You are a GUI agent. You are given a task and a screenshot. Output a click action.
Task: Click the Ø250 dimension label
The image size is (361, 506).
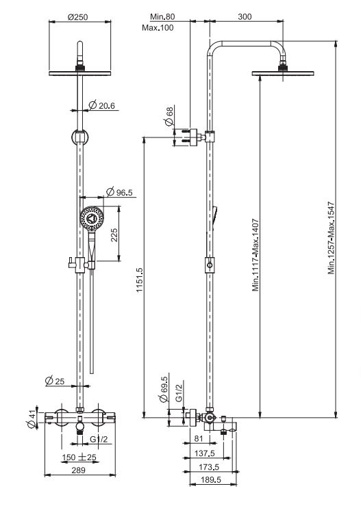coord(78,17)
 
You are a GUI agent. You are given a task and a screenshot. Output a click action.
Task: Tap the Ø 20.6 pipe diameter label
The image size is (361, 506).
coord(101,105)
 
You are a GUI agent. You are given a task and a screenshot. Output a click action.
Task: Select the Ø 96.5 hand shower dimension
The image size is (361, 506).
coord(119,192)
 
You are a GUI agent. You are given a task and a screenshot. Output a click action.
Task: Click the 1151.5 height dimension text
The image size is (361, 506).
coord(139,280)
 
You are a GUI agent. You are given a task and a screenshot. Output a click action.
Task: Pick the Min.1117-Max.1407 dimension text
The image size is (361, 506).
coord(256,255)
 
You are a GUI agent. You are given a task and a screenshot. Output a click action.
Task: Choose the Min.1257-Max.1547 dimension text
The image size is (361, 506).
coord(332,238)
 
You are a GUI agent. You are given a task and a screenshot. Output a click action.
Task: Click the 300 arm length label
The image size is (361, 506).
coord(245,16)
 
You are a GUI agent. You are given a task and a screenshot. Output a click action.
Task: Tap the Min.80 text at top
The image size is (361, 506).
coord(162,16)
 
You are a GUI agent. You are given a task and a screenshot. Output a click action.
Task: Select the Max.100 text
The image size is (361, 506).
coord(158,28)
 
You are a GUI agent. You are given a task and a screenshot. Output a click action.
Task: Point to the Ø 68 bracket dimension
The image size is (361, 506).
coord(169,116)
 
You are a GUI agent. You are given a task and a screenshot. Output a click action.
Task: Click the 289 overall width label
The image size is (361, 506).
coord(79,470)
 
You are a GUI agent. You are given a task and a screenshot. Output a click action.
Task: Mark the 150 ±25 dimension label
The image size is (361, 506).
coord(79,457)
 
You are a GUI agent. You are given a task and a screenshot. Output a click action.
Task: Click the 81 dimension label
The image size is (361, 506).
coord(199,438)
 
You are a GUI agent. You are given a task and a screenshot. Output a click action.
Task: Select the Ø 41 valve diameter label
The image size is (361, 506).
coord(32,420)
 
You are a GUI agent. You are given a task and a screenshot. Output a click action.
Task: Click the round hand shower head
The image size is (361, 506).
coord(92,218)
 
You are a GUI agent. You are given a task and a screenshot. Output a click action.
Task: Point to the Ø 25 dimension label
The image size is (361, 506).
coord(55,381)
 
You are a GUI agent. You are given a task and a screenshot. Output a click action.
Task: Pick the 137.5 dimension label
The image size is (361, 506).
coord(205,453)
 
